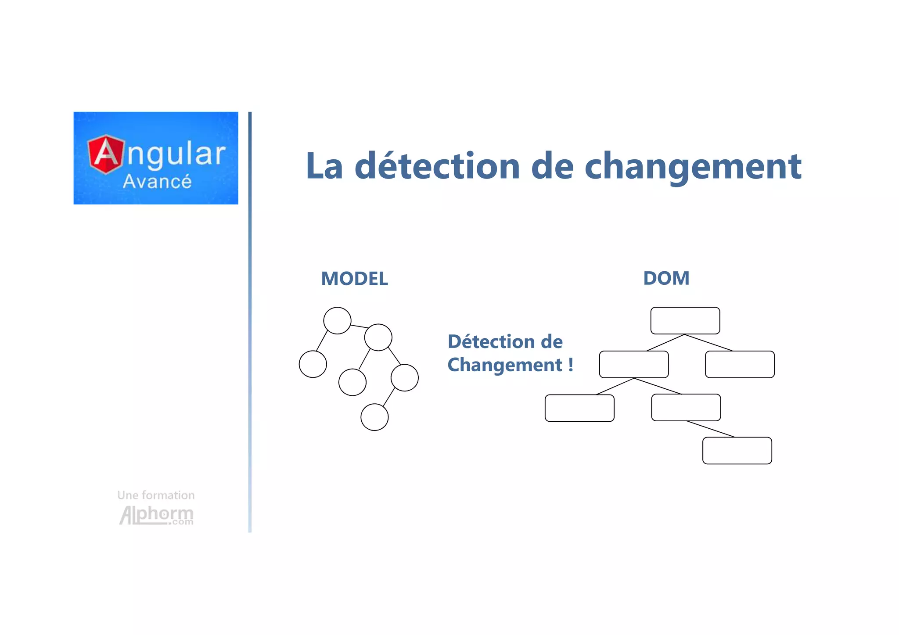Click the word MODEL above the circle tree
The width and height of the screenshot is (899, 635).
354,279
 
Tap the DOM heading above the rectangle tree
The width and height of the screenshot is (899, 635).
666,278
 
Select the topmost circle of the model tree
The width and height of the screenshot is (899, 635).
337,320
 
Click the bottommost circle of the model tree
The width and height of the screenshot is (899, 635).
374,417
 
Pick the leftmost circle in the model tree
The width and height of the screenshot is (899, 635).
313,364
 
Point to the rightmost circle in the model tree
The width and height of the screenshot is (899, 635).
404,377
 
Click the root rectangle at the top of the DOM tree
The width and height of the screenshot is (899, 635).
685,320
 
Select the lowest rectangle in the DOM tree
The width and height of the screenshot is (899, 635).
737,450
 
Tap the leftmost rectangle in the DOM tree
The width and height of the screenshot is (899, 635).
579,408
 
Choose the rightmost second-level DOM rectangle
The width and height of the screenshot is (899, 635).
740,364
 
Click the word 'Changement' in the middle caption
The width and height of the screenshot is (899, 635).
504,365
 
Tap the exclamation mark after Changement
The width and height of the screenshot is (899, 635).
571,364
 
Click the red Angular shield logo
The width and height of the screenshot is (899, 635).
106,154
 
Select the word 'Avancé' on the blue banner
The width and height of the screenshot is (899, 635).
157,182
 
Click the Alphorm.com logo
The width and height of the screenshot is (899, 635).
156,515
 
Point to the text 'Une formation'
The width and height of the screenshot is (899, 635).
156,495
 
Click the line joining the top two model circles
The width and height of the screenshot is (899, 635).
359,326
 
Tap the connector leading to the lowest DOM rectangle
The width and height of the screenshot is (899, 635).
710,429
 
